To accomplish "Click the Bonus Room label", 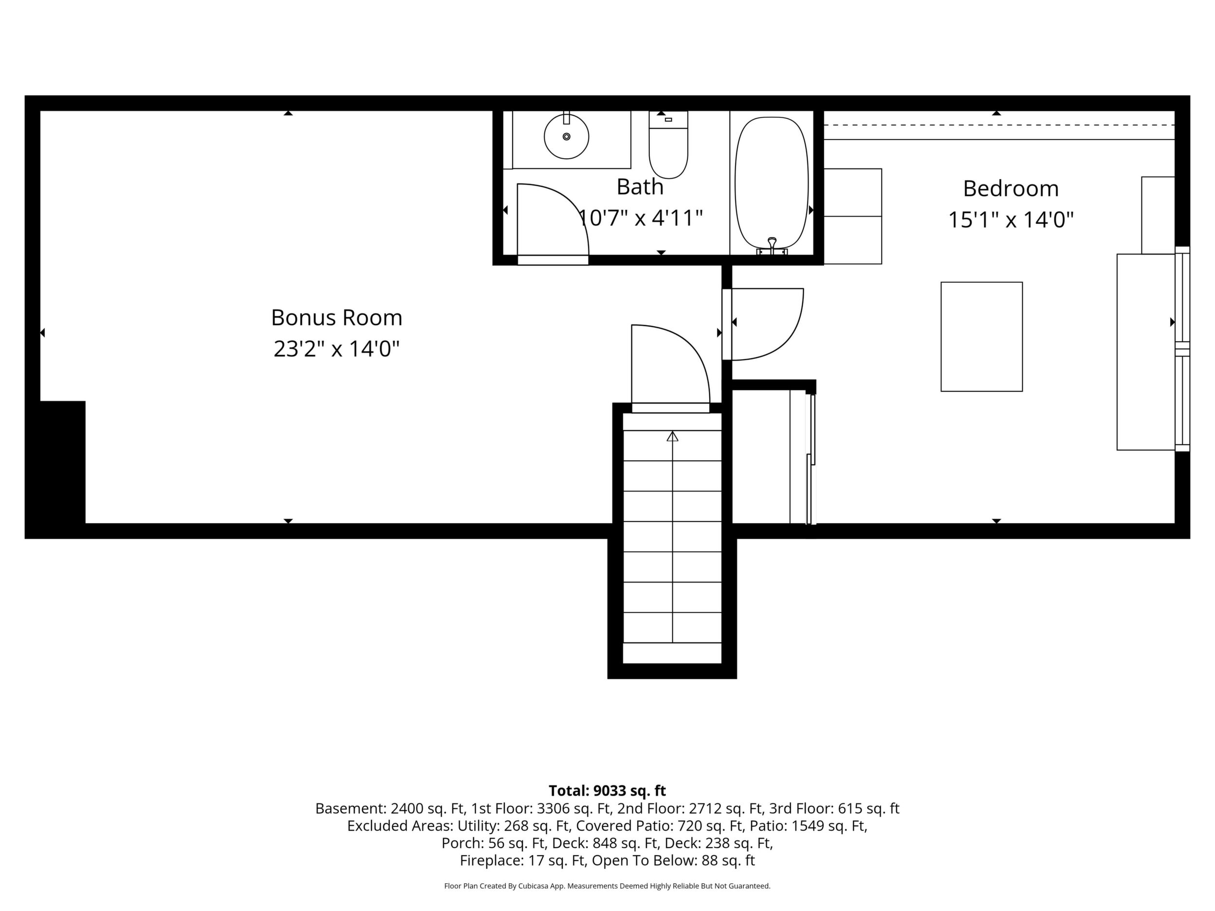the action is point(337,317).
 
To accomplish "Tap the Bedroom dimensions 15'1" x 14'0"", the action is point(1011,220).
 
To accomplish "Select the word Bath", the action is point(640,187).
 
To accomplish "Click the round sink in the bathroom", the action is point(566,137).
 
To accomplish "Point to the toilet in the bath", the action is point(668,145).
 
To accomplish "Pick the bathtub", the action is point(772,183).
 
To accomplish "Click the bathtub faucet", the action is point(773,247).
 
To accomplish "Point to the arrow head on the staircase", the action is point(672,437).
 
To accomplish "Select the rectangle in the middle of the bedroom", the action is point(981,337).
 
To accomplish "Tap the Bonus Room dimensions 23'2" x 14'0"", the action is point(336,349).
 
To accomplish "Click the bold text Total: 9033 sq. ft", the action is point(607,791).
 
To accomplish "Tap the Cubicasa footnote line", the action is point(607,886).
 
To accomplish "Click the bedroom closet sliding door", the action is point(811,458).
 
